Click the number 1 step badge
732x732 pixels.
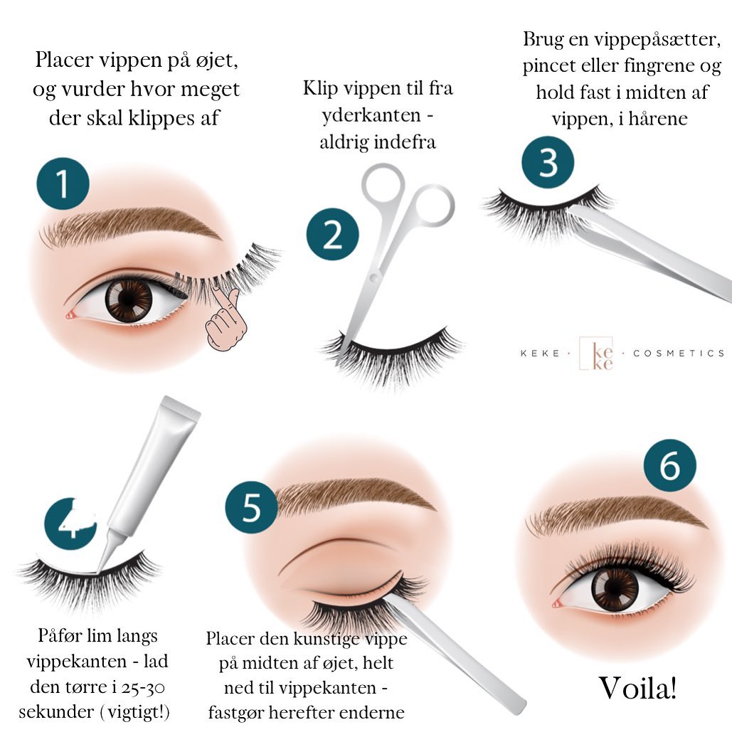pyautogui.click(x=63, y=184)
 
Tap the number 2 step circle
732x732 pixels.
pyautogui.click(x=332, y=234)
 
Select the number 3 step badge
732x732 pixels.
pyautogui.click(x=548, y=162)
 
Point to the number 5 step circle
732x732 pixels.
pyautogui.click(x=251, y=507)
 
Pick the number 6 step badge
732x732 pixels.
pyautogui.click(x=670, y=465)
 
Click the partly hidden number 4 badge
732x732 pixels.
pyautogui.click(x=70, y=524)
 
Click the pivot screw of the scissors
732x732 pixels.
pyautogui.click(x=374, y=278)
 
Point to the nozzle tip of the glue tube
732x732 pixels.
pyautogui.click(x=99, y=570)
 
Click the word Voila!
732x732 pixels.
pyautogui.click(x=637, y=688)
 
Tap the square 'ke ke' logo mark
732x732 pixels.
pyautogui.click(x=596, y=354)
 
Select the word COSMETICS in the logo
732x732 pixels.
pyautogui.click(x=679, y=354)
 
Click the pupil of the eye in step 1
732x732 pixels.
pyautogui.click(x=128, y=299)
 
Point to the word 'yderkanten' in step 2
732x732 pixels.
pyautogui.click(x=371, y=115)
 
